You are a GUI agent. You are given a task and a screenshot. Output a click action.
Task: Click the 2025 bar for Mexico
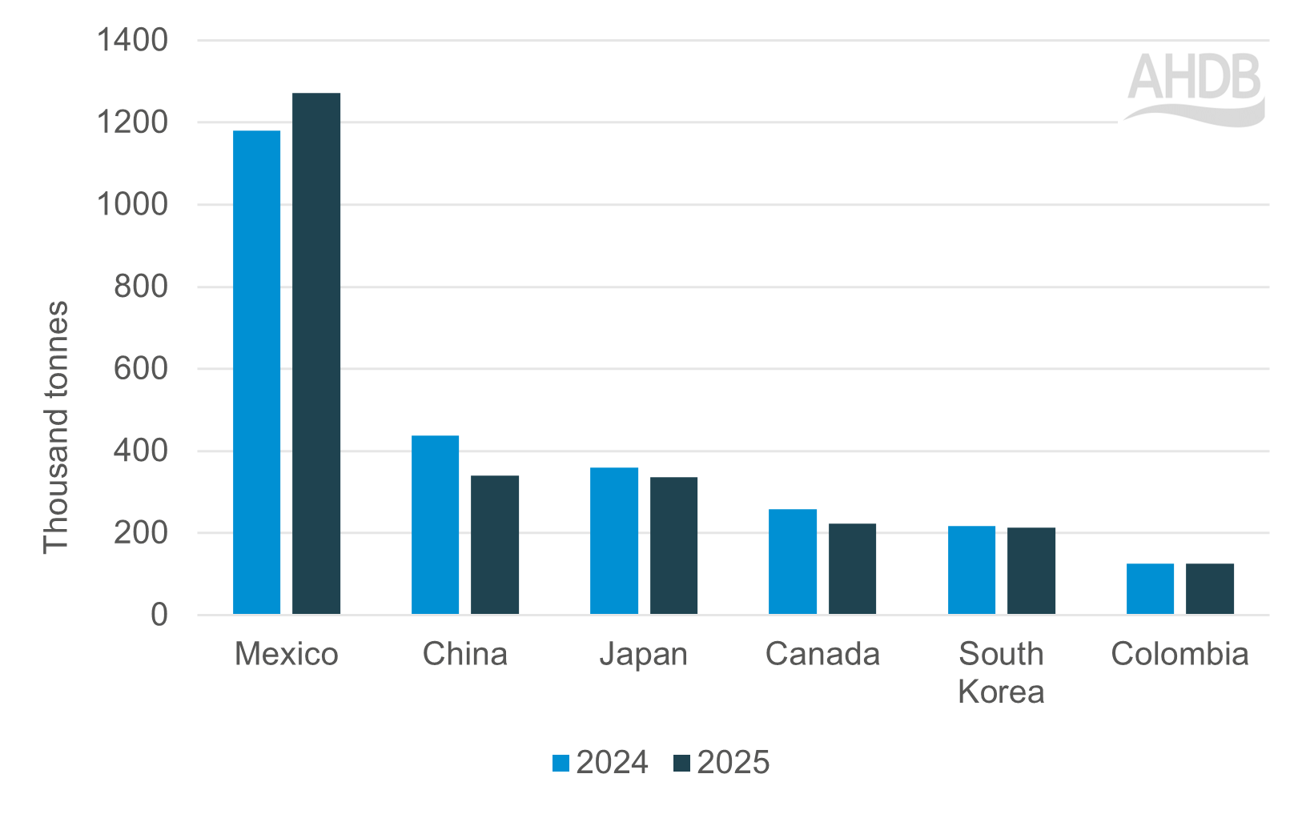point(315,354)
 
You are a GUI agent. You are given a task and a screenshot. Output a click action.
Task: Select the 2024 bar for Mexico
point(256,372)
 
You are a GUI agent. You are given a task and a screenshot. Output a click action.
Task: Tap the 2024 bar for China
point(435,524)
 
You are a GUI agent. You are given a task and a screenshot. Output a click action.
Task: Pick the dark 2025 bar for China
point(494,544)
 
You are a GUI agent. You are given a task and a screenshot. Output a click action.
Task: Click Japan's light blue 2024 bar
point(613,540)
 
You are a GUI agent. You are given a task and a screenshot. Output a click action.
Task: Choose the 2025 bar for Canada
point(852,568)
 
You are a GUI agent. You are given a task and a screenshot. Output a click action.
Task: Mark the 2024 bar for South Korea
point(971,570)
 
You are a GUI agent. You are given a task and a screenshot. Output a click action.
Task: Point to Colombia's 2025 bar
point(1209,588)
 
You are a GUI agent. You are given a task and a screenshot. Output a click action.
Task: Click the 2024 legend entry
point(601,763)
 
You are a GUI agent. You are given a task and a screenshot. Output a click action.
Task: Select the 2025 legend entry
point(721,763)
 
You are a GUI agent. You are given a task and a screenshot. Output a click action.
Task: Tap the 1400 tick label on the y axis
point(132,40)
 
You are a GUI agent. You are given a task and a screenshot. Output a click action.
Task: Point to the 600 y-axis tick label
point(141,369)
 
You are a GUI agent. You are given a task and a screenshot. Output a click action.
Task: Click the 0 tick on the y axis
point(159,615)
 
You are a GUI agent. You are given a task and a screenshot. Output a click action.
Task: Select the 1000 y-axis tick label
point(132,205)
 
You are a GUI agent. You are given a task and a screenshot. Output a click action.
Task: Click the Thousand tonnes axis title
point(56,427)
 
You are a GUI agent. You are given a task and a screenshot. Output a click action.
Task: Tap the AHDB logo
point(1194,88)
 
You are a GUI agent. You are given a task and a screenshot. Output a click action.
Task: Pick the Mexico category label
point(286,655)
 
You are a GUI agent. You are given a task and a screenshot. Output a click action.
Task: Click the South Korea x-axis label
point(1001,672)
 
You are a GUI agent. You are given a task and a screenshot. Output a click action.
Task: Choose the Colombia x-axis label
point(1179,655)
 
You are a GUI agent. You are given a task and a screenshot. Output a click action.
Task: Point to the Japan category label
point(643,655)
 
